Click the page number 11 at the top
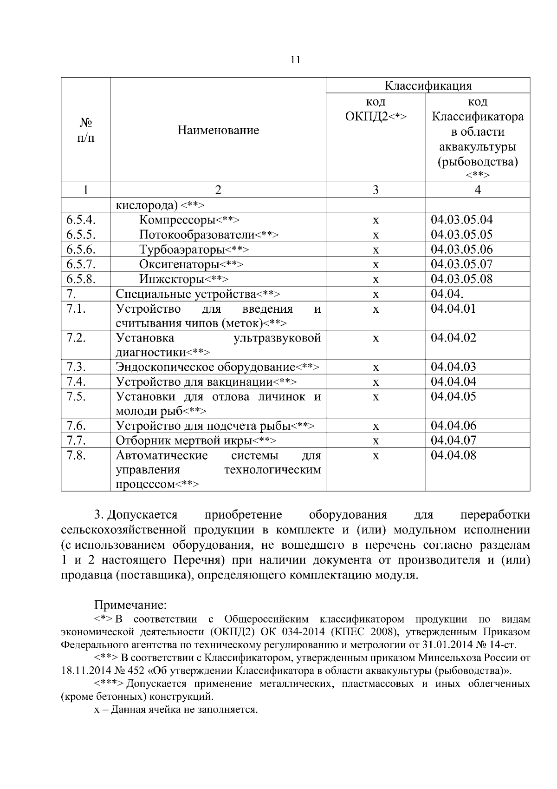[295, 60]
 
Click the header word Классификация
[427, 86]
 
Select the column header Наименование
[218, 130]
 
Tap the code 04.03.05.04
[461, 220]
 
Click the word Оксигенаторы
[179, 264]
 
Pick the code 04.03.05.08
[461, 279]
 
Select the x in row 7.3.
[376, 368]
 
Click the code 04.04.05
[453, 396]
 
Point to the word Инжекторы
[172, 279]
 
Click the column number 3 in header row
[376, 190]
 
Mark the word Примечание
[130, 605]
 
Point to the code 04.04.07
[453, 440]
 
